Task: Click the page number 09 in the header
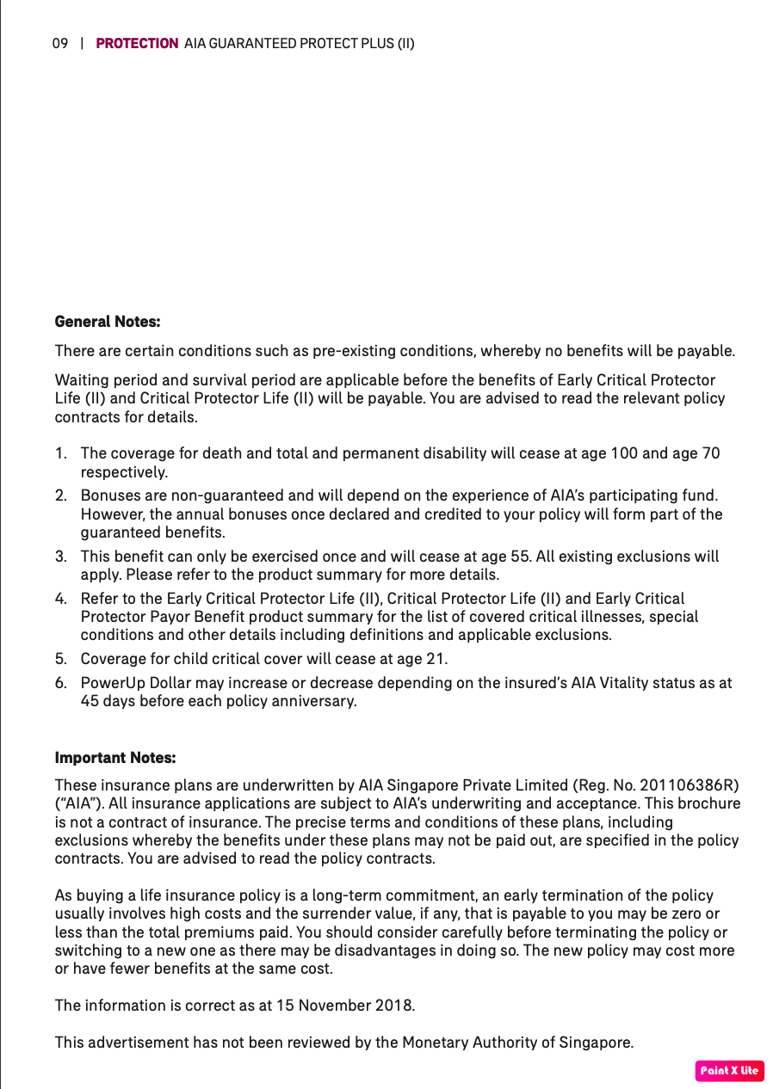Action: [x=59, y=43]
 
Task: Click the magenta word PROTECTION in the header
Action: [x=137, y=43]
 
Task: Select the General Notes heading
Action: [x=108, y=322]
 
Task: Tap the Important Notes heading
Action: [x=115, y=758]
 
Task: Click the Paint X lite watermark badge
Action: [x=729, y=1071]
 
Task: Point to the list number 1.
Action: [x=59, y=453]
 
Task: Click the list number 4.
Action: [x=60, y=599]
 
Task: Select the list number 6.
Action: [x=60, y=683]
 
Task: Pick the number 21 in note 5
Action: [x=436, y=659]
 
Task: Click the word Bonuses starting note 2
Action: [x=111, y=495]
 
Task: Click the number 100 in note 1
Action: [x=623, y=453]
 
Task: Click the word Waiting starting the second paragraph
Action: [x=80, y=380]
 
